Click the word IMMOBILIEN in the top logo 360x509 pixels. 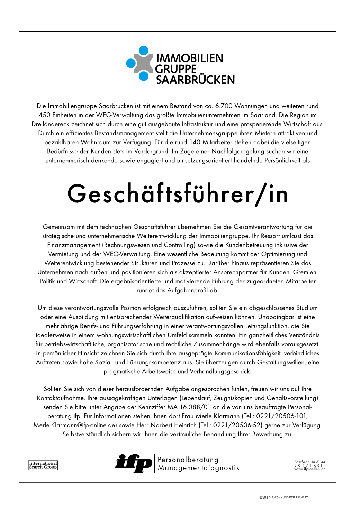[190, 58]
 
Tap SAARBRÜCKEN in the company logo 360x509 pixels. [195, 80]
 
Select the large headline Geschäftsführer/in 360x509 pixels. [178, 194]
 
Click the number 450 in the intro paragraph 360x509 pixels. [45, 115]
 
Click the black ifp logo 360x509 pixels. [133, 463]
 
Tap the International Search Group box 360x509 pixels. [43, 465]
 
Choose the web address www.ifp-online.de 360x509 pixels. [309, 469]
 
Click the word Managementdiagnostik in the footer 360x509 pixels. [199, 468]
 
